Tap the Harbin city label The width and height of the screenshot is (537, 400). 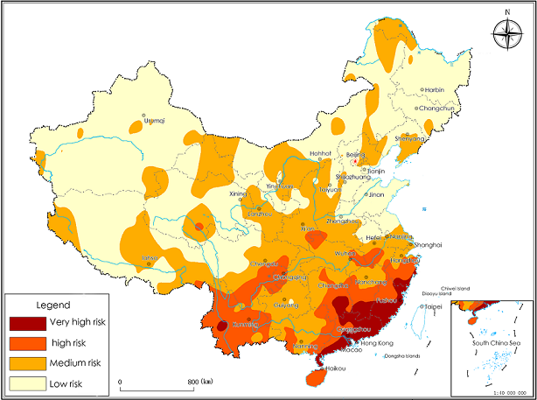point(434,89)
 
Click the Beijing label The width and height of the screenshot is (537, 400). point(356,155)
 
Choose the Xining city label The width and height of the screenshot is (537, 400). point(238,193)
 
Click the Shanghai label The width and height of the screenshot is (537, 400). point(428,244)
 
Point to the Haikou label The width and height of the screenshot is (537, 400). point(337,368)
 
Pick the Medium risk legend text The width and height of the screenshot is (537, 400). point(76,362)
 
